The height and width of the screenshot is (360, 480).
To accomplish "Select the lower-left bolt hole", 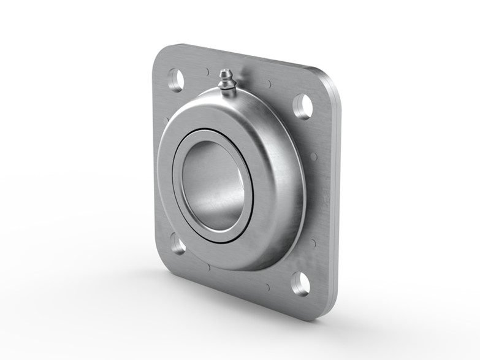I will (178, 247).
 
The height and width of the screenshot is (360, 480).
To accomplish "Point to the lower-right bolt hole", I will (300, 282).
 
